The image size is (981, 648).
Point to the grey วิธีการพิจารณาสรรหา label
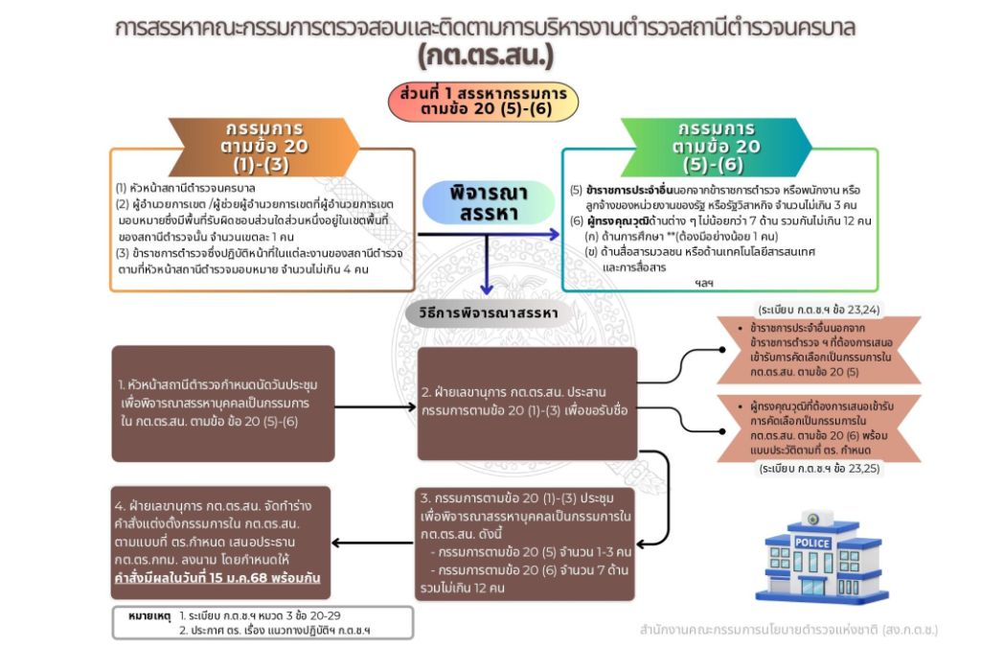(x=489, y=313)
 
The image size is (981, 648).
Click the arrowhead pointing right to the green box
(x=554, y=234)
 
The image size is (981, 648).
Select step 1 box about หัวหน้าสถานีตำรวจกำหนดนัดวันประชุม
(x=221, y=403)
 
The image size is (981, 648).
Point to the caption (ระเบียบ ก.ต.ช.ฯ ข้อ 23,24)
(x=819, y=311)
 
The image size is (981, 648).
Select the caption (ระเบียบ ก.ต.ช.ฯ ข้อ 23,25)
(x=819, y=469)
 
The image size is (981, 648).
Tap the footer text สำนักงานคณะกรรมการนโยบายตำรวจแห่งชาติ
(x=788, y=630)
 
